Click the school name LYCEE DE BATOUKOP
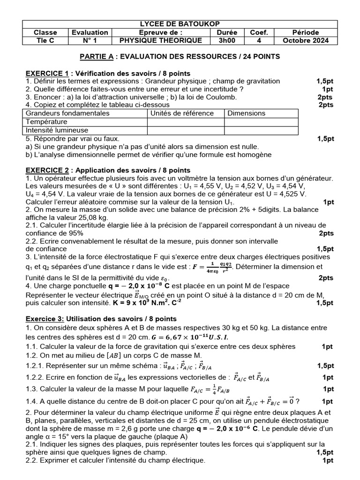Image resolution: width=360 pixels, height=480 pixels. coord(180,24)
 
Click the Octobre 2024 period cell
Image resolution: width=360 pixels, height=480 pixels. coord(306,41)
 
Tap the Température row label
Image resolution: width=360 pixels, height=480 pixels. coord(47,122)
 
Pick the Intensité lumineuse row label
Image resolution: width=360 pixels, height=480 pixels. coord(55,130)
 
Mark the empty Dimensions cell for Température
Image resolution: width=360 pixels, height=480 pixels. coord(261,122)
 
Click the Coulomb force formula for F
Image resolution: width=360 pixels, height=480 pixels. coord(213,267)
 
